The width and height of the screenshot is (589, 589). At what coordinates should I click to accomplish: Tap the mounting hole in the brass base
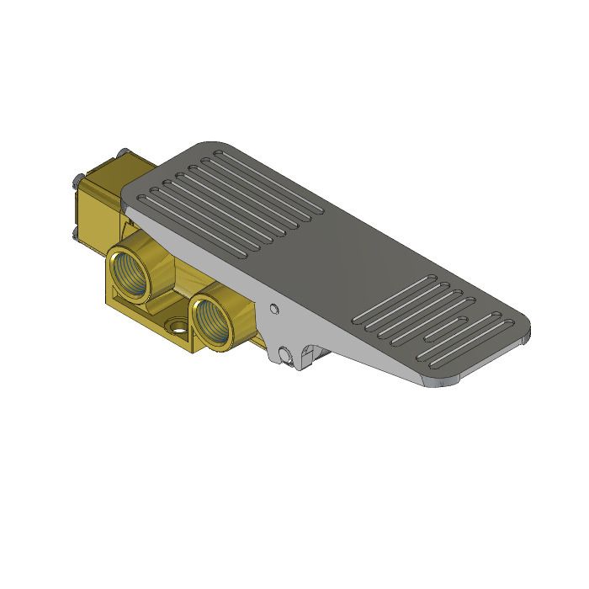click(178, 326)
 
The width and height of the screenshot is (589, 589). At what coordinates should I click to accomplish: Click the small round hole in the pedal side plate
click(273, 309)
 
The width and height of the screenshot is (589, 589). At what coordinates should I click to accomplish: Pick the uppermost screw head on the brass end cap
click(123, 152)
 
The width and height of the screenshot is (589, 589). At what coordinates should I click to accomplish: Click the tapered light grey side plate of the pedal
click(337, 337)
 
